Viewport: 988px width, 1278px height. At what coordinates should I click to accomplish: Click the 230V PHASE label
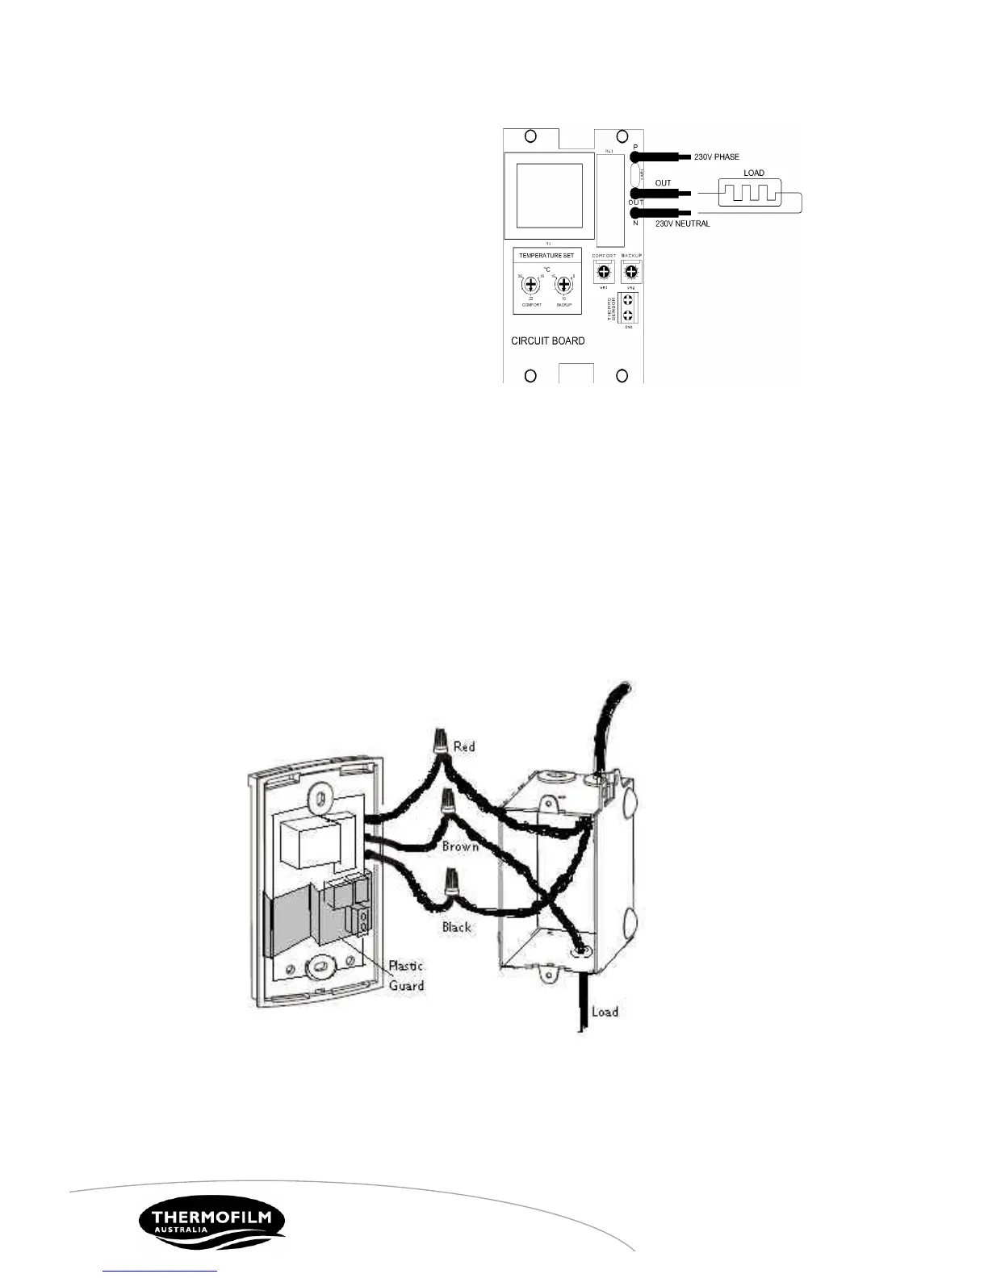716,157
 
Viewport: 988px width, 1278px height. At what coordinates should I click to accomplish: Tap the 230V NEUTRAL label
682,223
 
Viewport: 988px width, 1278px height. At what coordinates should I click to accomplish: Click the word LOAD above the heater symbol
753,173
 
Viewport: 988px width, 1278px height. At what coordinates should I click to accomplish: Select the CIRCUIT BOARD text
547,340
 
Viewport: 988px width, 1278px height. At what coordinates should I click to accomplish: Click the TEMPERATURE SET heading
546,256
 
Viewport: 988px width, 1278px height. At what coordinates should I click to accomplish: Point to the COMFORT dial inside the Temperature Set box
530,285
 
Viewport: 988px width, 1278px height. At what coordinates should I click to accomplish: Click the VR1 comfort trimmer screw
603,273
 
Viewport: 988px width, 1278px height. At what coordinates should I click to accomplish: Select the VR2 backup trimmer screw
631,273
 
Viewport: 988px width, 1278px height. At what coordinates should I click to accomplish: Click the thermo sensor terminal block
628,307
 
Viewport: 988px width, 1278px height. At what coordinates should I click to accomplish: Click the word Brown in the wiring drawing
460,846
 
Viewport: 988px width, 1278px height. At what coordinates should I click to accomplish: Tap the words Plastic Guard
406,975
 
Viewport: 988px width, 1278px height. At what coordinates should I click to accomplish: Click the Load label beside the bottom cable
605,1011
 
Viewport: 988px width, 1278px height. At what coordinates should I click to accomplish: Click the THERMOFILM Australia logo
211,1222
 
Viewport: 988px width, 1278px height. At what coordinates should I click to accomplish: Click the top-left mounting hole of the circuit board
530,136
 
